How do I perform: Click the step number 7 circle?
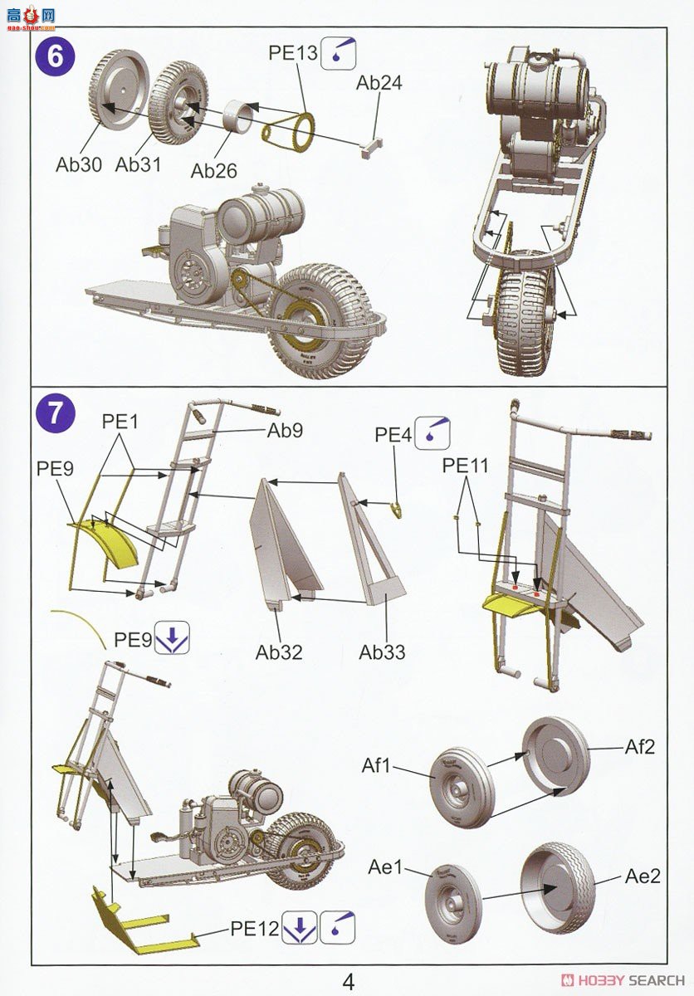point(55,413)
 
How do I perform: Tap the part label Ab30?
point(79,164)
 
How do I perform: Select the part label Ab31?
point(138,164)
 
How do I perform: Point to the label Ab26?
point(214,171)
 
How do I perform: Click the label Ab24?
point(379,83)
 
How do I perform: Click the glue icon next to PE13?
point(339,53)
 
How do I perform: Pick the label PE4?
point(393,434)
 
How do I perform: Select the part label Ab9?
point(285,431)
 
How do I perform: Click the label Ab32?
point(279,652)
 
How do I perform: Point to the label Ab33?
point(383,652)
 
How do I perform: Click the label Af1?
point(376,764)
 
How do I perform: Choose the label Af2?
point(640,747)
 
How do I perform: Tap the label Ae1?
point(385,867)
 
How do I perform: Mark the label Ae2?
point(643,876)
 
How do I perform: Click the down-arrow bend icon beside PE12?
point(300,929)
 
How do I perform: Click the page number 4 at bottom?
point(348,982)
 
